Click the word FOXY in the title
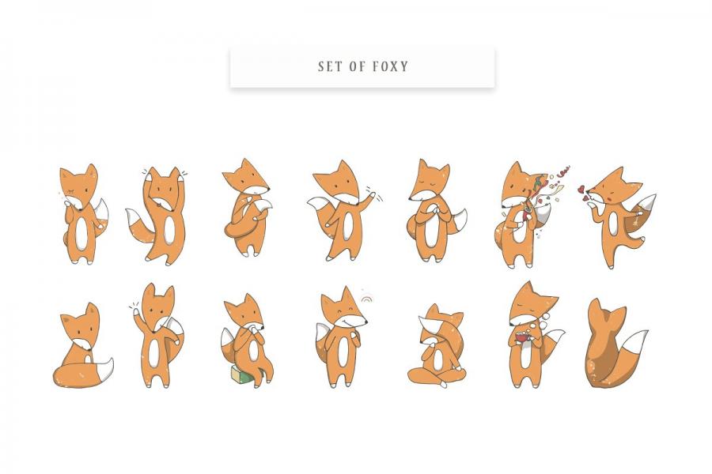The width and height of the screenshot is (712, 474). [391, 66]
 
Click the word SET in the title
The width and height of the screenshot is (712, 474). [330, 66]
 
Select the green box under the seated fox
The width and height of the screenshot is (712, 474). [240, 375]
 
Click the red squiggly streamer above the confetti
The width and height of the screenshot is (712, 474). [563, 172]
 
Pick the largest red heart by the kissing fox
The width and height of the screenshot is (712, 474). [581, 189]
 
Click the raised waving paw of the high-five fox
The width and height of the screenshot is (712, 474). [137, 313]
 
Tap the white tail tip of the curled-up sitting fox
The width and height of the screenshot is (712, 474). [105, 369]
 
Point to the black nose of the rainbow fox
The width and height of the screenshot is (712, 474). [366, 322]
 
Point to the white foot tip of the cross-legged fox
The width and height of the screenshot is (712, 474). [443, 384]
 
